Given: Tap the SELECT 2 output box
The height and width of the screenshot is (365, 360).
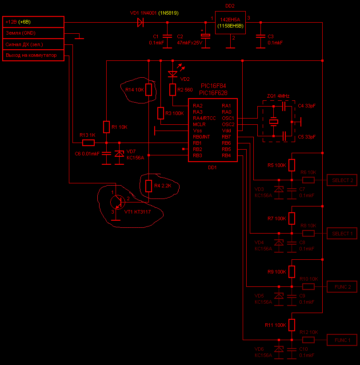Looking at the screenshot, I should (342, 180).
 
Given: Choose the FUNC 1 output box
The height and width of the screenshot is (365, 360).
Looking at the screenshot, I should (342, 340).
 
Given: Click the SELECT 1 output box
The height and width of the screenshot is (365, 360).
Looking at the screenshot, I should (342, 233).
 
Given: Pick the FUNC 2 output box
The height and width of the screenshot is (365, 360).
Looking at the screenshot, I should (342, 287).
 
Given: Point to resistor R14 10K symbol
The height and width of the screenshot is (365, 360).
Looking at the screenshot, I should (149, 90).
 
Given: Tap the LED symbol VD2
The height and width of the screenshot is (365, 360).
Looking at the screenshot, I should (173, 74).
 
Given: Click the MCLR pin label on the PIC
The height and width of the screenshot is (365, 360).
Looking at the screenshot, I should (199, 124).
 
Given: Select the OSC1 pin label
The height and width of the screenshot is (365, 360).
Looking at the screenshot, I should (228, 118).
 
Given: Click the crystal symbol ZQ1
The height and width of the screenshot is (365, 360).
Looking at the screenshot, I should (274, 121).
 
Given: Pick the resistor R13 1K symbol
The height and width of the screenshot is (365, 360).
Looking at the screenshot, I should (88, 143).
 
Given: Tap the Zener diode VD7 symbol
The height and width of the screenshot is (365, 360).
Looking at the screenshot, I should (119, 154).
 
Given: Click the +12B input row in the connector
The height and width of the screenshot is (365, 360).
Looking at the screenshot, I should (33, 22).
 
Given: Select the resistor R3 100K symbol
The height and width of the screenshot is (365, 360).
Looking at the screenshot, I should (161, 113).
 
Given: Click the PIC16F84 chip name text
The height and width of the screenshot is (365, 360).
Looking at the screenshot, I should (213, 87).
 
